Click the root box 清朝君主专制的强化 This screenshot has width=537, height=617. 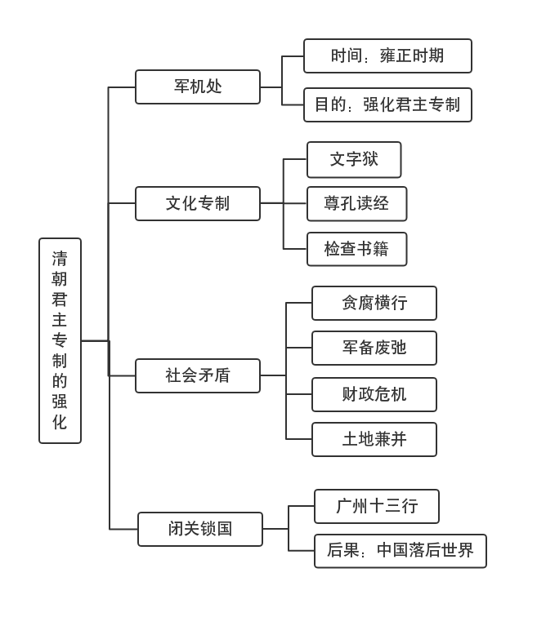tap(60, 340)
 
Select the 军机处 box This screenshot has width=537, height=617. tap(198, 87)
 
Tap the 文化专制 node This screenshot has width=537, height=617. tap(198, 203)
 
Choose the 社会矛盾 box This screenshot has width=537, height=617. tap(198, 375)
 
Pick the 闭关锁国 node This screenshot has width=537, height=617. tap(200, 529)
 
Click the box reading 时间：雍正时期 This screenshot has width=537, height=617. tap(387, 55)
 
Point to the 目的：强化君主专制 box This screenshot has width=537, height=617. tap(387, 104)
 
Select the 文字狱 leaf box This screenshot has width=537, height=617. tap(354, 159)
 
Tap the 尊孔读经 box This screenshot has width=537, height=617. tap(356, 203)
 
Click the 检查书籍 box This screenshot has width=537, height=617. tap(356, 249)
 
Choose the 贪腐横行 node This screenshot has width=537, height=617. tap(374, 303)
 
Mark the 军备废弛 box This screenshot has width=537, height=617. tap(374, 348)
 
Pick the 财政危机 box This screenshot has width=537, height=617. tap(374, 394)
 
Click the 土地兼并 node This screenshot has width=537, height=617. tap(374, 439)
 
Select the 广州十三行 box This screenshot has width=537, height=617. tap(377, 506)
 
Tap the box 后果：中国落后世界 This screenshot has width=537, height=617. tap(401, 551)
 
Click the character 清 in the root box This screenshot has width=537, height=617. tap(60, 259)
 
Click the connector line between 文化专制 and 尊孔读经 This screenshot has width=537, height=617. tap(283, 203)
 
